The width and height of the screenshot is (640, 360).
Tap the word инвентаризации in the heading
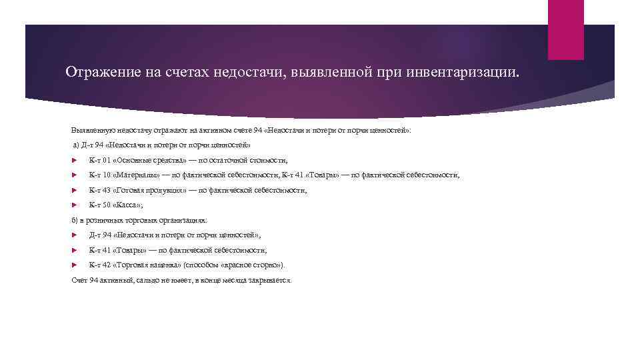click(x=470, y=71)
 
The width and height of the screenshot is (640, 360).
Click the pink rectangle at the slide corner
click(x=565, y=29)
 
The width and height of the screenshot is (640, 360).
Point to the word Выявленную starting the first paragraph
click(x=91, y=130)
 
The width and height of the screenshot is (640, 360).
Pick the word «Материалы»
click(x=137, y=175)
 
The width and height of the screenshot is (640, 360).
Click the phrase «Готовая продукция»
click(x=147, y=190)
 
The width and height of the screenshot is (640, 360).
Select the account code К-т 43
click(x=98, y=190)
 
